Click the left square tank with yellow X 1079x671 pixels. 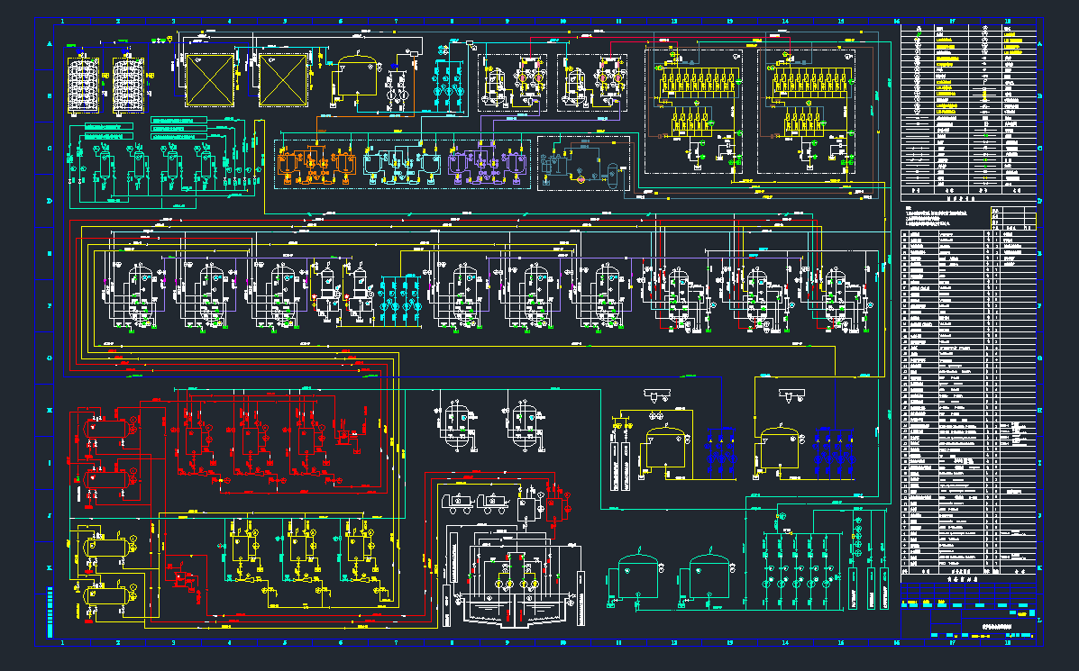pos(209,78)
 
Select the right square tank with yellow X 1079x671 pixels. pos(285,78)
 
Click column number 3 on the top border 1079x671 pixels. pos(173,20)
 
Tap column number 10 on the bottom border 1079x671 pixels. pos(563,643)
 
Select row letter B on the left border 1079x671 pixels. pos(48,98)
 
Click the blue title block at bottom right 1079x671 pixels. pos(969,612)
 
